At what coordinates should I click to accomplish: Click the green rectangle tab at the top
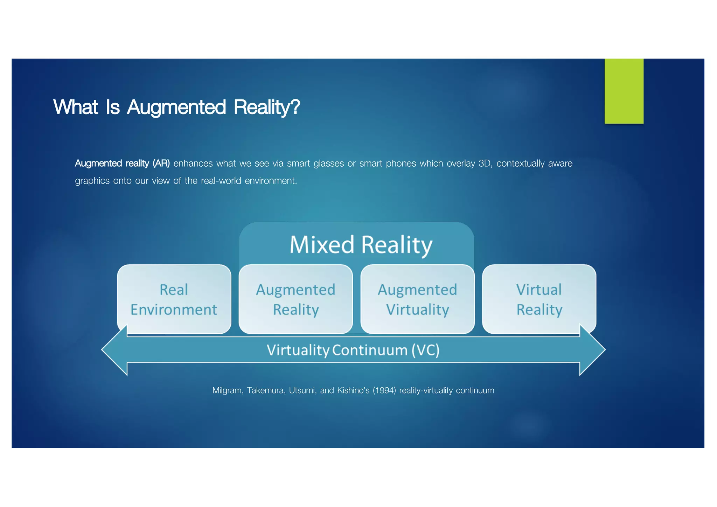click(624, 91)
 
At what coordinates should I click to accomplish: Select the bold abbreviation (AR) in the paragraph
click(161, 164)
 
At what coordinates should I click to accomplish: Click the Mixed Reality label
click(361, 244)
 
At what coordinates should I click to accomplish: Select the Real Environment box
click(174, 299)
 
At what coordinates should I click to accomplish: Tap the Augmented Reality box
click(295, 299)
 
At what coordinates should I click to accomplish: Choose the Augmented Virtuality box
click(417, 299)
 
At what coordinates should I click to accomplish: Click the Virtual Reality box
click(539, 299)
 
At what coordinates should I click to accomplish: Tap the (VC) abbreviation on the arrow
click(425, 350)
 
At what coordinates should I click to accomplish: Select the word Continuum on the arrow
click(369, 350)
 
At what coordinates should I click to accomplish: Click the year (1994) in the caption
click(384, 390)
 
